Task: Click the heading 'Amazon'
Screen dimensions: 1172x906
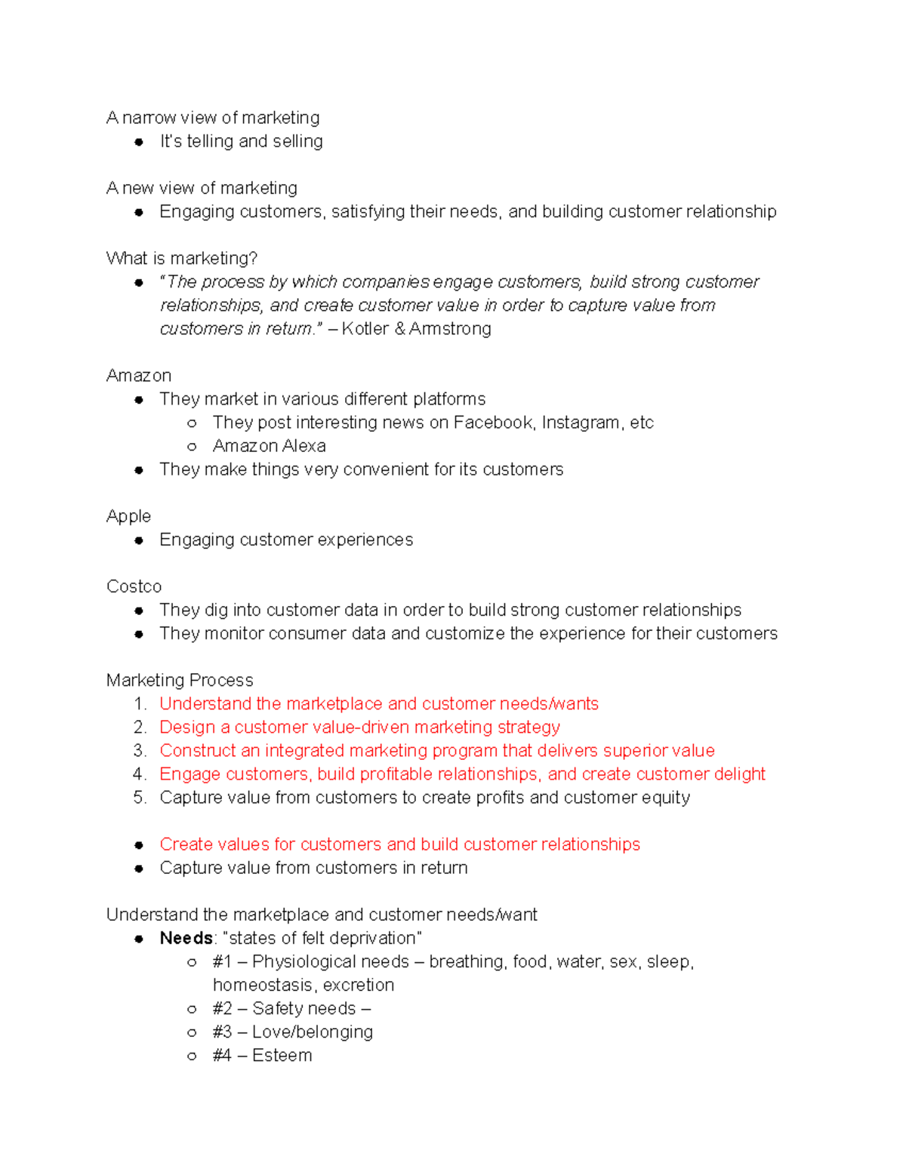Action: coord(139,376)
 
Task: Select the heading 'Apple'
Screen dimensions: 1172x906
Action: coord(128,516)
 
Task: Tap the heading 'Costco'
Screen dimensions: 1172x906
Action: coord(134,586)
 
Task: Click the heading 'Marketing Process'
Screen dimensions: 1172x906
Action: coord(180,680)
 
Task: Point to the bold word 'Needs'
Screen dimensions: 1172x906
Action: coord(186,938)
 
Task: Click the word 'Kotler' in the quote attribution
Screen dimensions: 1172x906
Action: coord(365,329)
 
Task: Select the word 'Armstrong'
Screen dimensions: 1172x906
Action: coord(450,329)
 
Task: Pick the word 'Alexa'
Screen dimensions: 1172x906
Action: coord(306,446)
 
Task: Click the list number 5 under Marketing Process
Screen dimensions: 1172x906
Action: coord(140,798)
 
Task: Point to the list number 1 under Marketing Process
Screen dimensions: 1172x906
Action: coord(140,704)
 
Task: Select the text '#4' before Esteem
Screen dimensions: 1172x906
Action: coord(222,1056)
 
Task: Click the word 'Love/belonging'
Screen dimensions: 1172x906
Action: coord(313,1032)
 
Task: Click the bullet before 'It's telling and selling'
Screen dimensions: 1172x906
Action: coord(139,142)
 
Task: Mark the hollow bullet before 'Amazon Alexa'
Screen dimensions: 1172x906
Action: coord(192,447)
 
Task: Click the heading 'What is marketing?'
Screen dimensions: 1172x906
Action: coord(182,259)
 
